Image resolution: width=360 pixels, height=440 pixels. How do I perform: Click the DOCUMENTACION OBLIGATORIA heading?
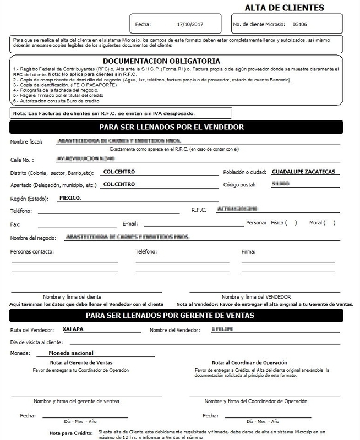tap(162, 61)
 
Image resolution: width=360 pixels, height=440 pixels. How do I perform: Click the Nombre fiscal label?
tap(26, 142)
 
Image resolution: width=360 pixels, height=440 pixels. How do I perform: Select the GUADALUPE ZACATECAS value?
tap(303, 171)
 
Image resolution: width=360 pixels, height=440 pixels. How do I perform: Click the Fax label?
tap(15, 224)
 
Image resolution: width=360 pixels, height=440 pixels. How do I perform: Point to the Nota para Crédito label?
tap(70, 433)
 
